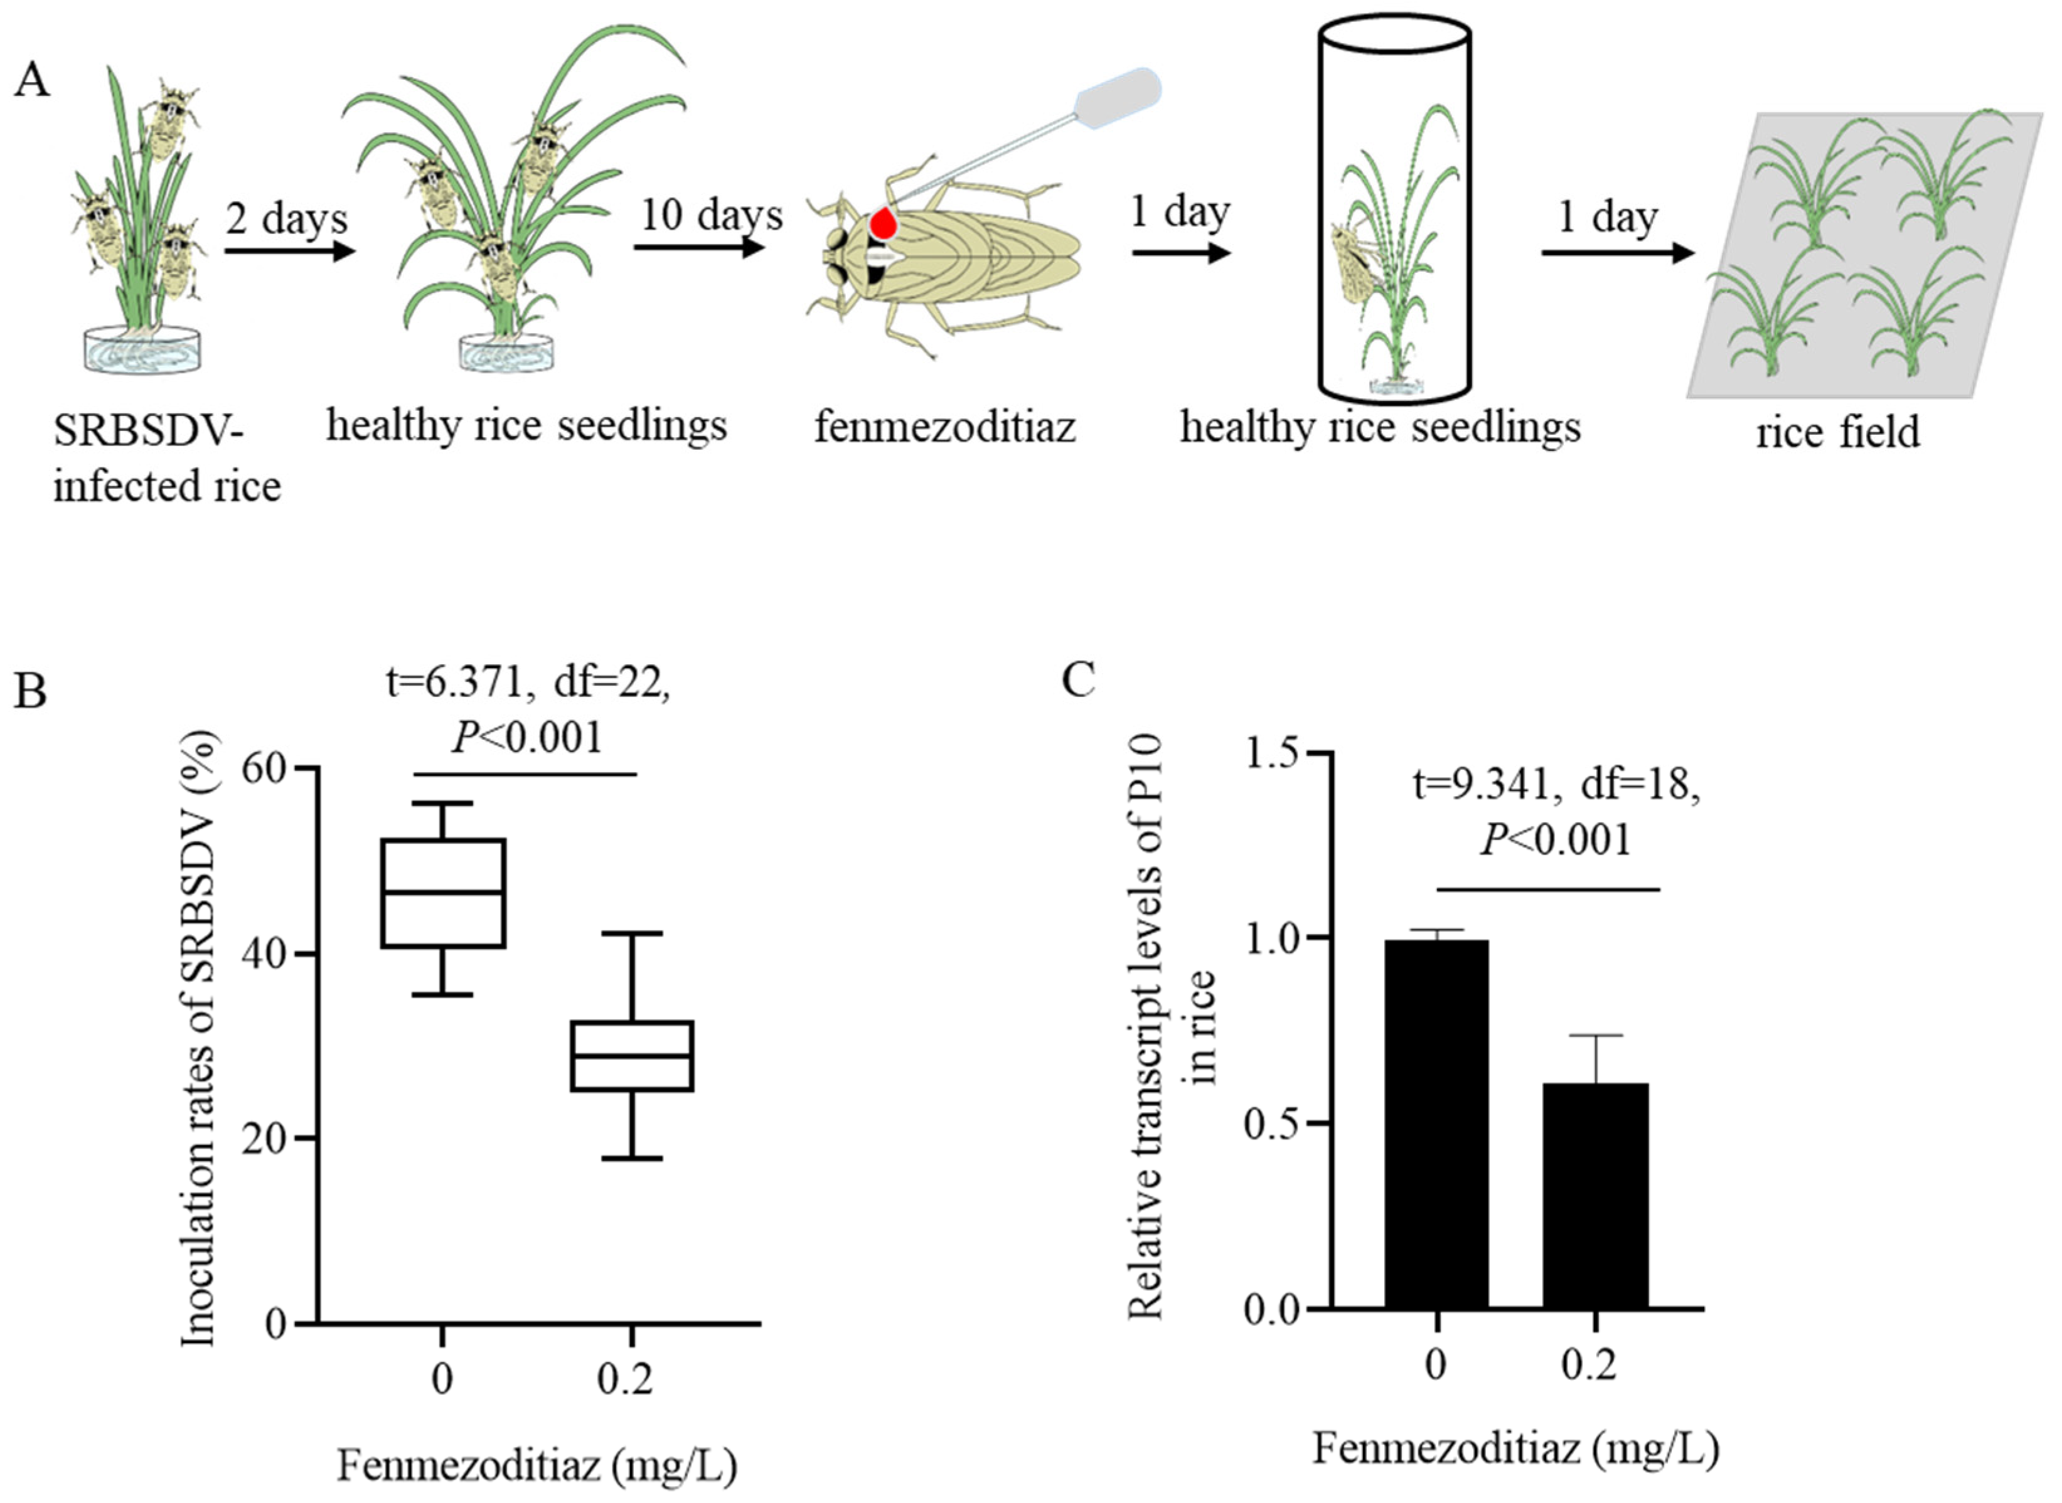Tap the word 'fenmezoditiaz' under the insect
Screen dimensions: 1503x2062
944,426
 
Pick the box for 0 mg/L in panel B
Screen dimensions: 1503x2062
443,893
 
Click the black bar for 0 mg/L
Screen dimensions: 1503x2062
1436,1123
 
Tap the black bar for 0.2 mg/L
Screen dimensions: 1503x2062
1595,1196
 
